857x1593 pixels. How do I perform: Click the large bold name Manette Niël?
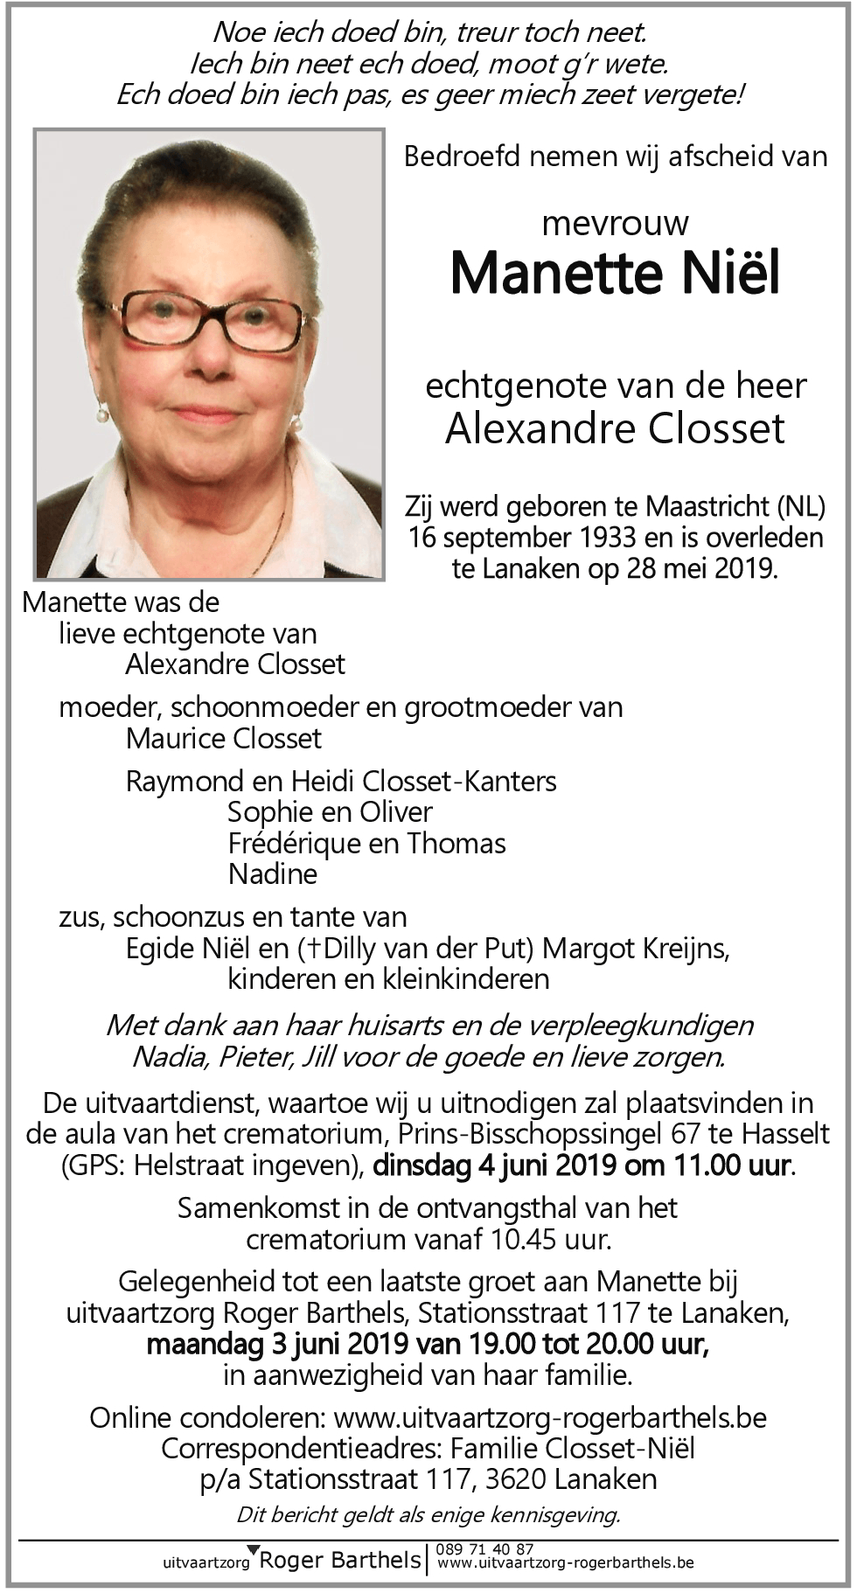pyautogui.click(x=615, y=273)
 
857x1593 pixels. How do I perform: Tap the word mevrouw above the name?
pyautogui.click(x=615, y=224)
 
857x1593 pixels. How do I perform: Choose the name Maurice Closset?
pyautogui.click(x=224, y=739)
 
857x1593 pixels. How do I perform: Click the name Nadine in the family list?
pyautogui.click(x=273, y=873)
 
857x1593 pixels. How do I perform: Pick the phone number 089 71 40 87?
pyautogui.click(x=485, y=1549)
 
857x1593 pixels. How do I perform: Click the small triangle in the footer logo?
pyautogui.click(x=254, y=1549)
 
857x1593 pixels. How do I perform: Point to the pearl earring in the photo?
pyautogui.click(x=102, y=414)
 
